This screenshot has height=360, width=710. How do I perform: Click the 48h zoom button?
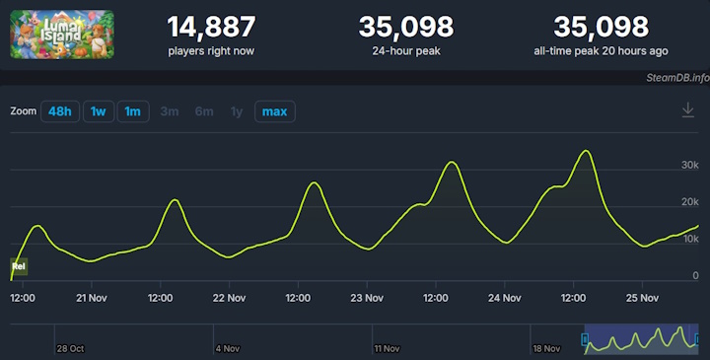pos(60,111)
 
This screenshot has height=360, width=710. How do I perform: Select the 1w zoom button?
pos(98,111)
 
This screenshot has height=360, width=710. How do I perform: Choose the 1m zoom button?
pos(132,111)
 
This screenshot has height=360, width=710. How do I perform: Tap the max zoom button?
pos(274,111)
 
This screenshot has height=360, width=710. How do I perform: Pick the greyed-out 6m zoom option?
pos(204,111)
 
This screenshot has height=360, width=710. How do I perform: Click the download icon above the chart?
pos(688,110)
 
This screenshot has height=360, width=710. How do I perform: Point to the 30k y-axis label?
pos(688,164)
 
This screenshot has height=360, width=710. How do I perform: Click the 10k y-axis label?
pos(688,240)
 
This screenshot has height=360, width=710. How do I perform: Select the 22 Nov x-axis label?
pos(229,296)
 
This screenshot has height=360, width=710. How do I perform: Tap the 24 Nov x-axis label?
pos(504,296)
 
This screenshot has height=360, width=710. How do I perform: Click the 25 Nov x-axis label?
pos(642,296)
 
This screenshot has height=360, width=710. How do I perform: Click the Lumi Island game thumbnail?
pos(61,35)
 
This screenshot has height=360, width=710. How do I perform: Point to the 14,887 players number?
pos(211,27)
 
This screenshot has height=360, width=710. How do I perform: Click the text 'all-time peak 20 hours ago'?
pos(601,50)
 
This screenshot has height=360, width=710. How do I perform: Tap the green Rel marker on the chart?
pos(18,266)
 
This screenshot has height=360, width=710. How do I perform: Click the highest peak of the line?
pos(587,151)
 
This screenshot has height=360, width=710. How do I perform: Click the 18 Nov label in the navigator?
pos(545,348)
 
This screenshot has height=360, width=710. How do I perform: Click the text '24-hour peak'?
pos(405,50)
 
